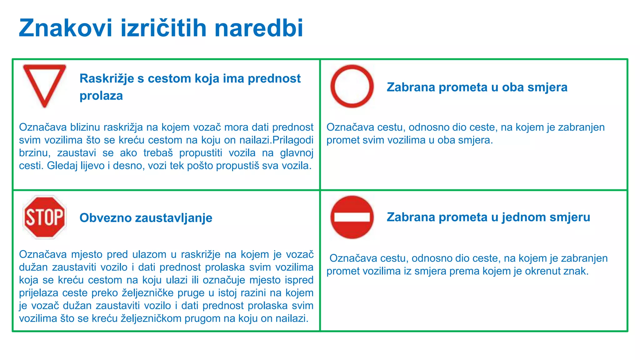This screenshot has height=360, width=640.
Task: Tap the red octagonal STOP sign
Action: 45,217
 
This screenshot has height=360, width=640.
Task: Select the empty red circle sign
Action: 352,86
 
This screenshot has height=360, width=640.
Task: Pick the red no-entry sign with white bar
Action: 352,217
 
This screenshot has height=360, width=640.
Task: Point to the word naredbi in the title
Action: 259,28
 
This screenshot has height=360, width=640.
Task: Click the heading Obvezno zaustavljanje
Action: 146,218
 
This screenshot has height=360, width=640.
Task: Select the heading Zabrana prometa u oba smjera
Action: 477,87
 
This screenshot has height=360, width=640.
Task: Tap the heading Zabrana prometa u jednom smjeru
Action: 488,217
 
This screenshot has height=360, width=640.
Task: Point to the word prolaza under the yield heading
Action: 101,96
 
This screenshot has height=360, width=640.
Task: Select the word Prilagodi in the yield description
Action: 293,140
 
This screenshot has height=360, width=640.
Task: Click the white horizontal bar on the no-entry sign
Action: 352,217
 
